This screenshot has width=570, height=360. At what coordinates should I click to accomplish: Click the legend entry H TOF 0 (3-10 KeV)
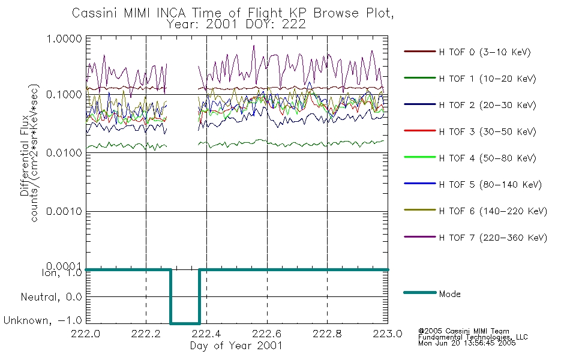pyautogui.click(x=485, y=52)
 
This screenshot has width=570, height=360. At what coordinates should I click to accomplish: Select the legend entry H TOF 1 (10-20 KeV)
pyautogui.click(x=487, y=79)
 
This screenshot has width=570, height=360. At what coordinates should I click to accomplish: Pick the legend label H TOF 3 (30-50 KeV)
pyautogui.click(x=487, y=131)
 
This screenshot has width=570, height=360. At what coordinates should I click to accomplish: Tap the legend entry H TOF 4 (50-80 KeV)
pyautogui.click(x=487, y=158)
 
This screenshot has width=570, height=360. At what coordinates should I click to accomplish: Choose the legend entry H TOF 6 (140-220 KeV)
pyautogui.click(x=493, y=211)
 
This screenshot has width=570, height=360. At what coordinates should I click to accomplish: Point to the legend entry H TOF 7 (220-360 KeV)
pyautogui.click(x=493, y=238)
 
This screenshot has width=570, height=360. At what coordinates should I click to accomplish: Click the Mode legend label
pyautogui.click(x=449, y=294)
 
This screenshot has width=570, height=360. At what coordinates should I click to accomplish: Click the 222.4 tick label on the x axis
pyautogui.click(x=206, y=334)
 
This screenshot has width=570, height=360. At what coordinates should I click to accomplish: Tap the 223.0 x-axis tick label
pyautogui.click(x=388, y=334)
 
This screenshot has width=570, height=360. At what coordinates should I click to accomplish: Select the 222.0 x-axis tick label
pyautogui.click(x=86, y=334)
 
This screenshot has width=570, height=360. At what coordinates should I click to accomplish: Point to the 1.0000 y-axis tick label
pyautogui.click(x=64, y=38)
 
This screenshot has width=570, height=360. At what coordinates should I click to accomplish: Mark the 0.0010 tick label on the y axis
pyautogui.click(x=64, y=211)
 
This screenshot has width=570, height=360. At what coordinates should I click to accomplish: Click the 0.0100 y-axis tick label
pyautogui.click(x=64, y=153)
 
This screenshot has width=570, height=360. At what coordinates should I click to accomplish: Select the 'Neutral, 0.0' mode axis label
pyautogui.click(x=51, y=297)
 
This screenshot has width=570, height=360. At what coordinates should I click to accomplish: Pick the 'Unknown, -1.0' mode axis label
pyautogui.click(x=43, y=320)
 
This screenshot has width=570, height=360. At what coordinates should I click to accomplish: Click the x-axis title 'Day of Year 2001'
pyautogui.click(x=236, y=346)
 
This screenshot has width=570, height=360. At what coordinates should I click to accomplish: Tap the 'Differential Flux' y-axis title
pyautogui.click(x=25, y=155)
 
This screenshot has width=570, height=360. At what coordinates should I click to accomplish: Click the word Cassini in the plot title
pyautogui.click(x=95, y=13)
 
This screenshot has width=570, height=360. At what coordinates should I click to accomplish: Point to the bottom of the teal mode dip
pyautogui.click(x=185, y=323)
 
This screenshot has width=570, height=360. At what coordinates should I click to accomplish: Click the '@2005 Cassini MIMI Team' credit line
pyautogui.click(x=463, y=331)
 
